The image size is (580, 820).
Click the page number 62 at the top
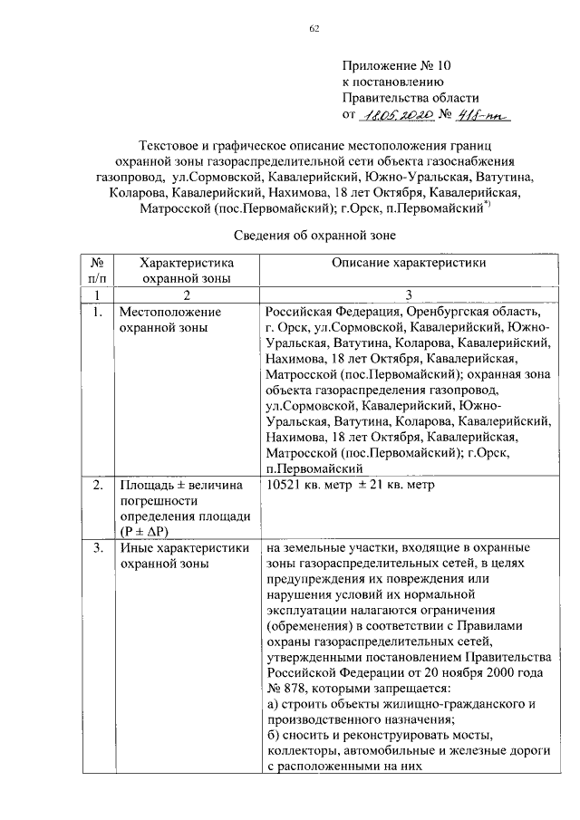tap(314, 29)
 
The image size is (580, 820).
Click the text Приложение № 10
tap(395, 65)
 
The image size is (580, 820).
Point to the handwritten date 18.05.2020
tap(389, 115)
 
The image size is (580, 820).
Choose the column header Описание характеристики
tap(408, 263)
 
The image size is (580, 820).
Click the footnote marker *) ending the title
tap(486, 205)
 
